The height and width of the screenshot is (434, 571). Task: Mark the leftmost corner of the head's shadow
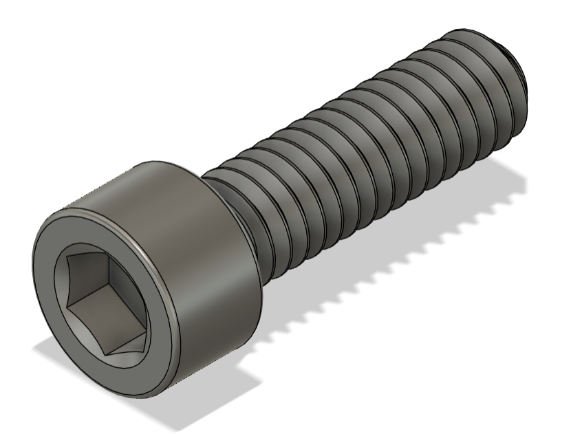[34, 351]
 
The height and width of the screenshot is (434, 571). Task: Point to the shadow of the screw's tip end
[509, 179]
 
